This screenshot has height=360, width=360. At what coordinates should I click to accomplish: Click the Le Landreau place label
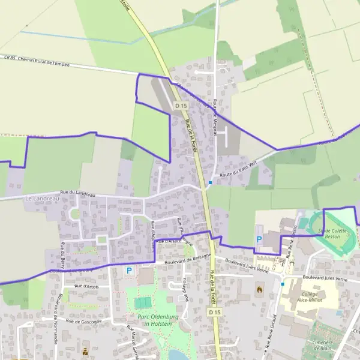[42, 197]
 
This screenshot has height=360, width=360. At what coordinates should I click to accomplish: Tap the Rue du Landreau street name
[79, 193]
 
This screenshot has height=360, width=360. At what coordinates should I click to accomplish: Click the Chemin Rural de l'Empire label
[46, 59]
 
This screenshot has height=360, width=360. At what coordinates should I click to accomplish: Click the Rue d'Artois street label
[86, 287]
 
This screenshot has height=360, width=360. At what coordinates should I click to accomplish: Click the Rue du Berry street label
[62, 254]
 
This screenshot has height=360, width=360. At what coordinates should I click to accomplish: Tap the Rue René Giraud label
[274, 324]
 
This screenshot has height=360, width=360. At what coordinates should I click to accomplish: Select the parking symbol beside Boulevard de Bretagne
[129, 271]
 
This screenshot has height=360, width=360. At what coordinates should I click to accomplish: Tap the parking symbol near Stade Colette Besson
[259, 239]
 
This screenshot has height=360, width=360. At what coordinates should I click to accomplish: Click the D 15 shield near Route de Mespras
[181, 106]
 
